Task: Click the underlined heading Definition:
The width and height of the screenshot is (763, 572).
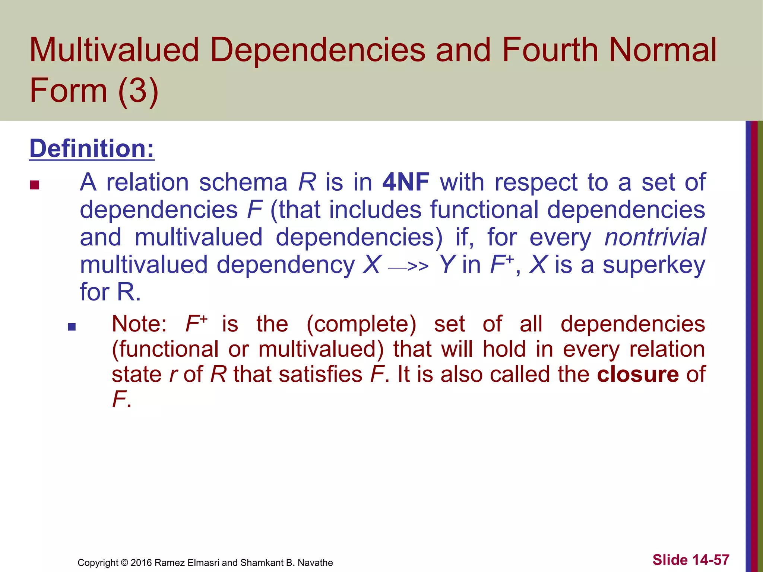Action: pos(92,149)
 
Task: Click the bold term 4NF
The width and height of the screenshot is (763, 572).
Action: pos(406,182)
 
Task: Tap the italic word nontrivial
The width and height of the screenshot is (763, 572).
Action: pos(655,237)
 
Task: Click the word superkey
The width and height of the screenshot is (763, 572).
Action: pos(654,265)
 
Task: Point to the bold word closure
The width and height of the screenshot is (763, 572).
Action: pos(638,374)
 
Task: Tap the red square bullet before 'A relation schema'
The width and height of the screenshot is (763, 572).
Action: pos(35,185)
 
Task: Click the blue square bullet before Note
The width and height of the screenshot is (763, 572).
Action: pos(72,327)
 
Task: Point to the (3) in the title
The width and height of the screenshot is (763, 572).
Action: pos(138,90)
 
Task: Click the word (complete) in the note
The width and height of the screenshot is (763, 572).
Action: pos(361,324)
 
